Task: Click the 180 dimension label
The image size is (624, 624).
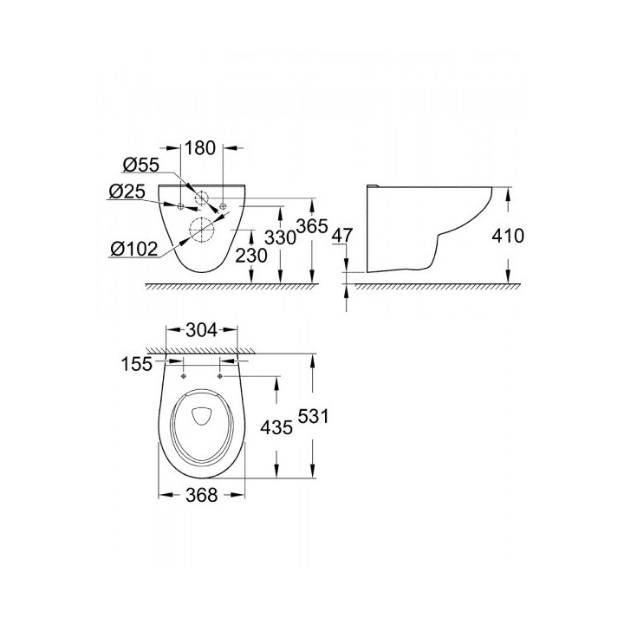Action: tap(200, 148)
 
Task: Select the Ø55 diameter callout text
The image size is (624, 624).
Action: tap(141, 165)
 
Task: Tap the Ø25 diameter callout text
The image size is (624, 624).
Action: tap(127, 192)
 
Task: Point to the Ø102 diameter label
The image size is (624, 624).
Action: tap(134, 250)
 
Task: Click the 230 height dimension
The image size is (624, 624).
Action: tap(251, 256)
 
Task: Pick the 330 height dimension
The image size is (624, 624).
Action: tap(281, 238)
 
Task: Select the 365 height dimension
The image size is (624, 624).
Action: tap(312, 226)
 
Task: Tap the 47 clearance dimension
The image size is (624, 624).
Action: tap(342, 236)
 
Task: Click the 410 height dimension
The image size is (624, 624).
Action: tap(508, 236)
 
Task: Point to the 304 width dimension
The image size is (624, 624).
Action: tap(202, 330)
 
